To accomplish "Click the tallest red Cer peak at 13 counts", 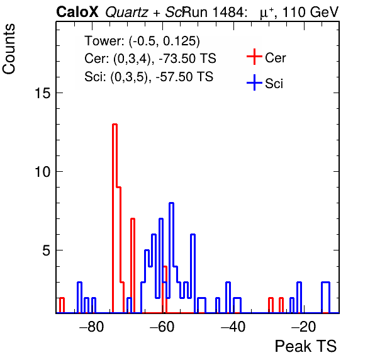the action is pos(115,125).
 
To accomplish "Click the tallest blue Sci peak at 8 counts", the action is pos(171,203).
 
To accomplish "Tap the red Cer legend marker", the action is pos(254,57).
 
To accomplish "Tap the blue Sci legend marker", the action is pos(254,82).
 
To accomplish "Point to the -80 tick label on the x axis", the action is pos(92,326).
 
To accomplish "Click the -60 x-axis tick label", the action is pos(162,326).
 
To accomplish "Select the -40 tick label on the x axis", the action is pos(233,326).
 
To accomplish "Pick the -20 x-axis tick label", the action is pos(303,326).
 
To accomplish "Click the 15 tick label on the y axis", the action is pos(43,93).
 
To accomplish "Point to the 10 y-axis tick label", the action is pos(43,172).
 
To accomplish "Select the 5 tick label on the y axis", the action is pos(47,250).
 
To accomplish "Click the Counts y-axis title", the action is pos(9,49).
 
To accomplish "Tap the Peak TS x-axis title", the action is pos(306,346).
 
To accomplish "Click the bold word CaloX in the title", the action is pos(77,12).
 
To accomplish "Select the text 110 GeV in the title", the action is pos(310,12).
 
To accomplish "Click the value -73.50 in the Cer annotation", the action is pos(177,59).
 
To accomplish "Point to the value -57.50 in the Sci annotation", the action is pos(174,77).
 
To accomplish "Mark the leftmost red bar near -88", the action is pos(62,305).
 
